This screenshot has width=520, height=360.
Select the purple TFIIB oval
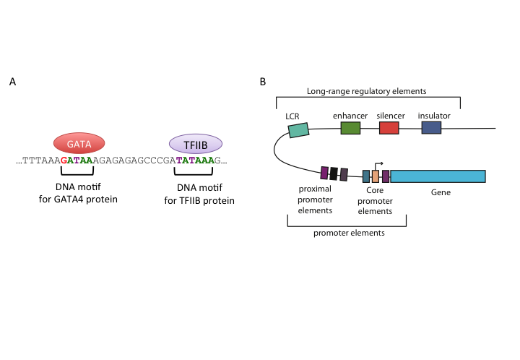(x=195, y=142)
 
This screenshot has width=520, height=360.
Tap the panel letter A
(x=13, y=82)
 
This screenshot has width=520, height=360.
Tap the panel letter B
(x=262, y=82)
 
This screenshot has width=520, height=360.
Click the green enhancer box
(x=350, y=128)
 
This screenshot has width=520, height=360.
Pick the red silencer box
(x=389, y=128)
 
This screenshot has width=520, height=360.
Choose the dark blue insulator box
(x=431, y=128)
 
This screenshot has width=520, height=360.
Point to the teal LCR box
(x=298, y=130)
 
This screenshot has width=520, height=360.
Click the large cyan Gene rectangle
(x=438, y=176)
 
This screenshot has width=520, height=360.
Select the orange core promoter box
(x=376, y=176)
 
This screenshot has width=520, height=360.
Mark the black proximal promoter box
(x=334, y=173)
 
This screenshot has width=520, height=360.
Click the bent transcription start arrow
(x=378, y=166)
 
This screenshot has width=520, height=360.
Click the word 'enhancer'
(x=350, y=116)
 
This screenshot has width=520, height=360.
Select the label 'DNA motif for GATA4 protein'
(x=77, y=194)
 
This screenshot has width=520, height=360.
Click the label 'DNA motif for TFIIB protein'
(x=194, y=194)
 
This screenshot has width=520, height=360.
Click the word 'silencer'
(x=390, y=116)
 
